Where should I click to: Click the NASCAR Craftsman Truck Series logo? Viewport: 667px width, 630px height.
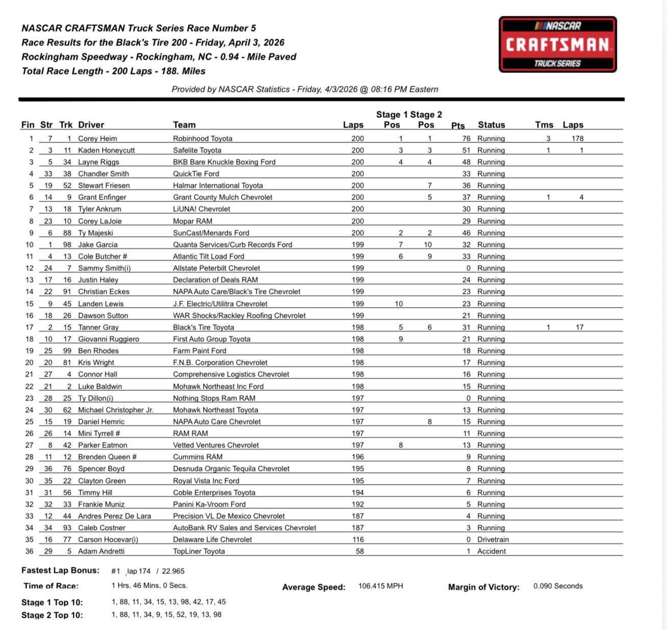557,44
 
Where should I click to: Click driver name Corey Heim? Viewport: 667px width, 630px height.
97,138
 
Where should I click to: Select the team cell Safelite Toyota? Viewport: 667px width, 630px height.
197,150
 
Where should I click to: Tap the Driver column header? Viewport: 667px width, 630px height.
91,124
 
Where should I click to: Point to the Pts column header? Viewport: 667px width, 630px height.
458,125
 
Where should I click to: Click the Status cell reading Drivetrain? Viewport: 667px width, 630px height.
492,539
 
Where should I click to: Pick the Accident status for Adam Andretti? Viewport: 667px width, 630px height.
491,551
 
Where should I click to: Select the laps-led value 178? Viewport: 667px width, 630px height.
578,138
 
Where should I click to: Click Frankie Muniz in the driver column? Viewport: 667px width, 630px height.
101,504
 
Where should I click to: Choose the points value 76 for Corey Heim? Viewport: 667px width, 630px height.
466,138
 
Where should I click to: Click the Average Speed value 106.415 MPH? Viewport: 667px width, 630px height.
380,586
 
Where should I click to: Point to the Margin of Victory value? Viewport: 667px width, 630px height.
558,586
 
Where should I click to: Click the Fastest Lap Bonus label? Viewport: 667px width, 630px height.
60,570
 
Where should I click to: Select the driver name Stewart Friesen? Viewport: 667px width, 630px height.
104,185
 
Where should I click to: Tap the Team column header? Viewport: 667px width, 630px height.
184,124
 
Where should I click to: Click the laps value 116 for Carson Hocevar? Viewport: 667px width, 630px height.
358,539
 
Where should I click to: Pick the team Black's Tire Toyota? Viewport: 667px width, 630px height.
203,327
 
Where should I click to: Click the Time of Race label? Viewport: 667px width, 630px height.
51,586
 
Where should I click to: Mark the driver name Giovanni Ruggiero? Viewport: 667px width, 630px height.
108,339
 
